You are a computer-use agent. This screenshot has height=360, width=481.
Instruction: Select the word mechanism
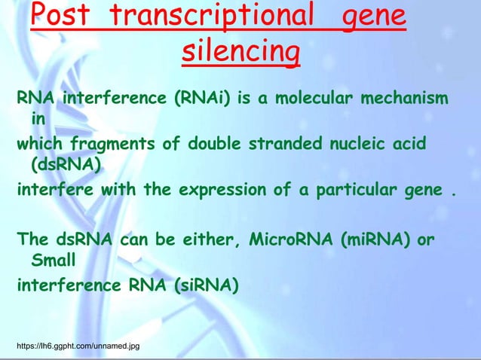coord(405,100)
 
